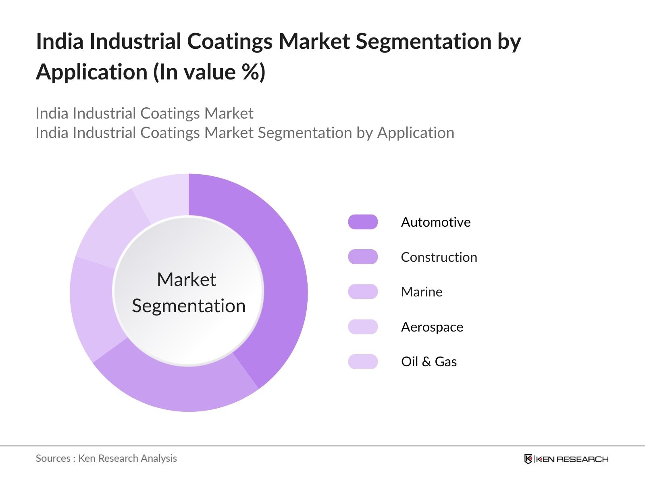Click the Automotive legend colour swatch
tap(363, 222)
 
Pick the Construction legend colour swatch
tap(363, 257)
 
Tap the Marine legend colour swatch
tap(363, 292)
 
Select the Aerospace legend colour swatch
tap(363, 327)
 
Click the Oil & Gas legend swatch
tap(363, 361)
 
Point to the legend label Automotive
tap(436, 222)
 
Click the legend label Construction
tap(439, 257)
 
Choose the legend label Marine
tap(422, 292)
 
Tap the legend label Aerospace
tap(432, 327)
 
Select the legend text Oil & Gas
tap(429, 362)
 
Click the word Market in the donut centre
tap(186, 280)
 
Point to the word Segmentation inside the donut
tap(189, 306)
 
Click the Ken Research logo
tap(566, 459)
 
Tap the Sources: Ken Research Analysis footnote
tap(106, 459)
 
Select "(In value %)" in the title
tap(209, 73)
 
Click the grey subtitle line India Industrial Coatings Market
tap(144, 114)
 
